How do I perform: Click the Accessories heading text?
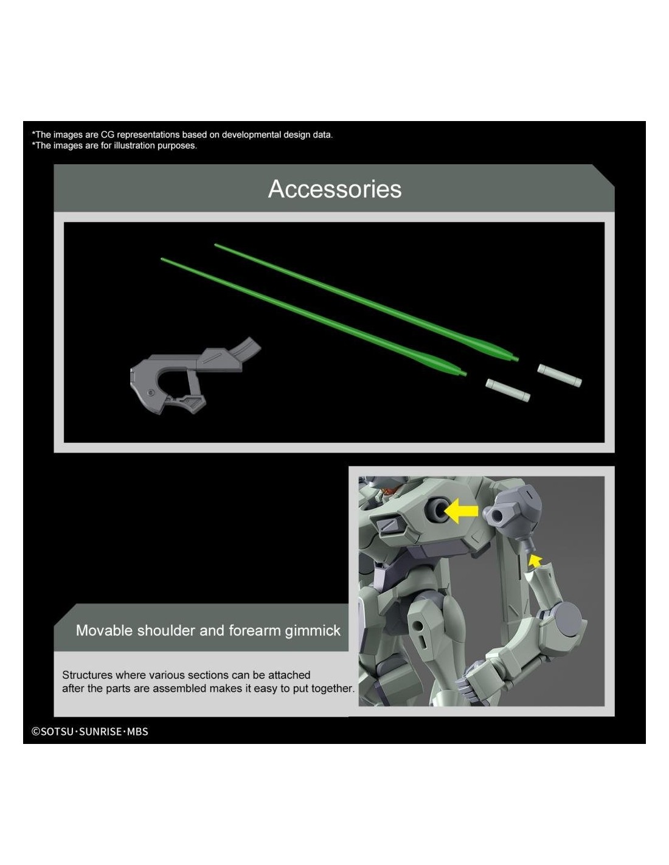pos(334,189)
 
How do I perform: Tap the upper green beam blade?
pos(366,302)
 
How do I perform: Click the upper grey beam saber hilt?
pos(560,375)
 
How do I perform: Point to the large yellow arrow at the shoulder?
pos(460,511)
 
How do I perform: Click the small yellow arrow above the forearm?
pos(535,561)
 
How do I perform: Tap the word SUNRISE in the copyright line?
pos(100,731)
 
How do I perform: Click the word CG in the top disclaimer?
pos(108,134)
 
